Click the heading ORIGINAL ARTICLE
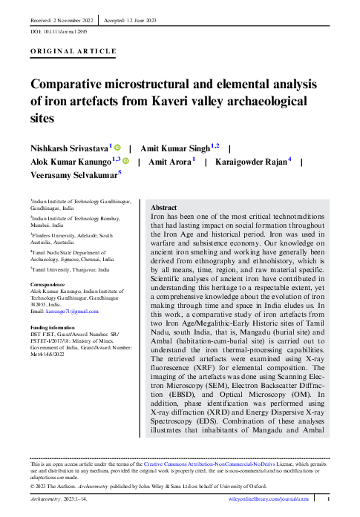pos(73,51)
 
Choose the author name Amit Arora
pos(168,161)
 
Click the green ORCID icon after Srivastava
pos(117,148)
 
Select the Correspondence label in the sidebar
pos(50,284)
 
